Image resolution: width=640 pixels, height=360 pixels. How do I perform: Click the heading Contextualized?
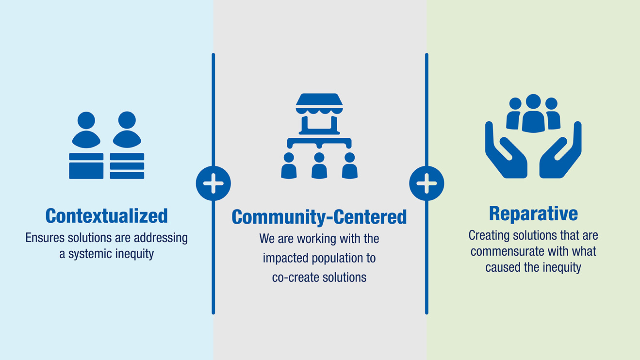[107, 216]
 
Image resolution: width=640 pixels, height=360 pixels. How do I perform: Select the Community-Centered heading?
[319, 217]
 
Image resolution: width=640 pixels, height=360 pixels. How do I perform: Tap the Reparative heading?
[533, 213]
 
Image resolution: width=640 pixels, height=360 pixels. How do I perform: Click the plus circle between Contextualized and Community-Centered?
[213, 183]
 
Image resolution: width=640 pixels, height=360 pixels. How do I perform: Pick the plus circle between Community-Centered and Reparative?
[427, 183]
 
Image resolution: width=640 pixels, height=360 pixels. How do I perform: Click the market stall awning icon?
[319, 104]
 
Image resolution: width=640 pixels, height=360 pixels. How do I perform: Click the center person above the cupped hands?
[533, 114]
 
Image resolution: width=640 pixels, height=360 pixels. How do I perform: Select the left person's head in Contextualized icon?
[86, 120]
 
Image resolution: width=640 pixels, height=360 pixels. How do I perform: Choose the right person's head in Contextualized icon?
[127, 120]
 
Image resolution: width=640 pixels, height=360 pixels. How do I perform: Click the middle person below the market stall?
[319, 166]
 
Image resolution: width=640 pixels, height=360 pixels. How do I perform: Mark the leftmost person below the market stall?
[289, 166]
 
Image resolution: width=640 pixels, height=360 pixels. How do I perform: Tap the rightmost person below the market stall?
[350, 166]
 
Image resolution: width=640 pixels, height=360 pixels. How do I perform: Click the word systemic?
[89, 254]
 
